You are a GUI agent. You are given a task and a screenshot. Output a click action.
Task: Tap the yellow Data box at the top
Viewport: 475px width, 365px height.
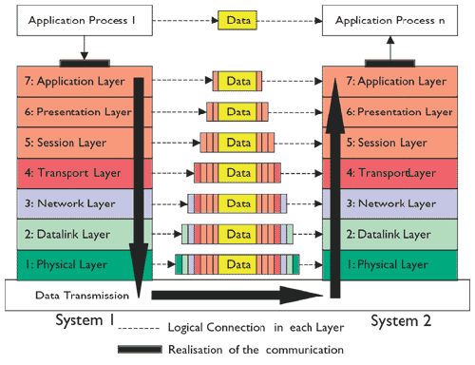tap(237, 19)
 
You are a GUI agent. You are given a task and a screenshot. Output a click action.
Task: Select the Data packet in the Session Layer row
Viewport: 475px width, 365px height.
tap(237, 143)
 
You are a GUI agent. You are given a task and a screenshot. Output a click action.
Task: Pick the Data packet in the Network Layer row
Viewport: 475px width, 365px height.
tap(237, 203)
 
